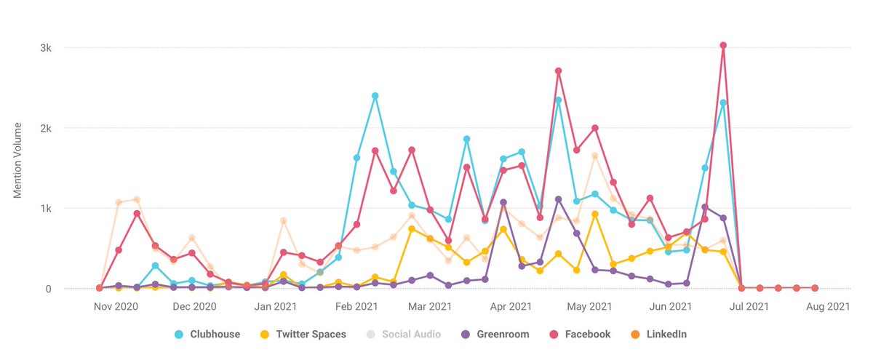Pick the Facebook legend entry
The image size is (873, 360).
pyautogui.click(x=581, y=335)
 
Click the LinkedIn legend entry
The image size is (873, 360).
pyautogui.click(x=656, y=335)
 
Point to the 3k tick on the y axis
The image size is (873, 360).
pyautogui.click(x=45, y=48)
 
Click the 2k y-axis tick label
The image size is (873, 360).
pyautogui.click(x=45, y=128)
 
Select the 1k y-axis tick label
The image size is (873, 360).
pyautogui.click(x=45, y=209)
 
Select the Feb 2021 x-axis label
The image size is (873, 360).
pyautogui.click(x=356, y=307)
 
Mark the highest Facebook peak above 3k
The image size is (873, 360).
pyautogui.click(x=723, y=45)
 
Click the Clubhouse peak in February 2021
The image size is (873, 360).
pyautogui.click(x=375, y=96)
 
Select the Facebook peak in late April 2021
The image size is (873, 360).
pyautogui.click(x=558, y=71)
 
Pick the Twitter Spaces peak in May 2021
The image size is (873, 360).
pyautogui.click(x=595, y=214)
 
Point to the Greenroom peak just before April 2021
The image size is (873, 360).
pyautogui.click(x=503, y=202)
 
